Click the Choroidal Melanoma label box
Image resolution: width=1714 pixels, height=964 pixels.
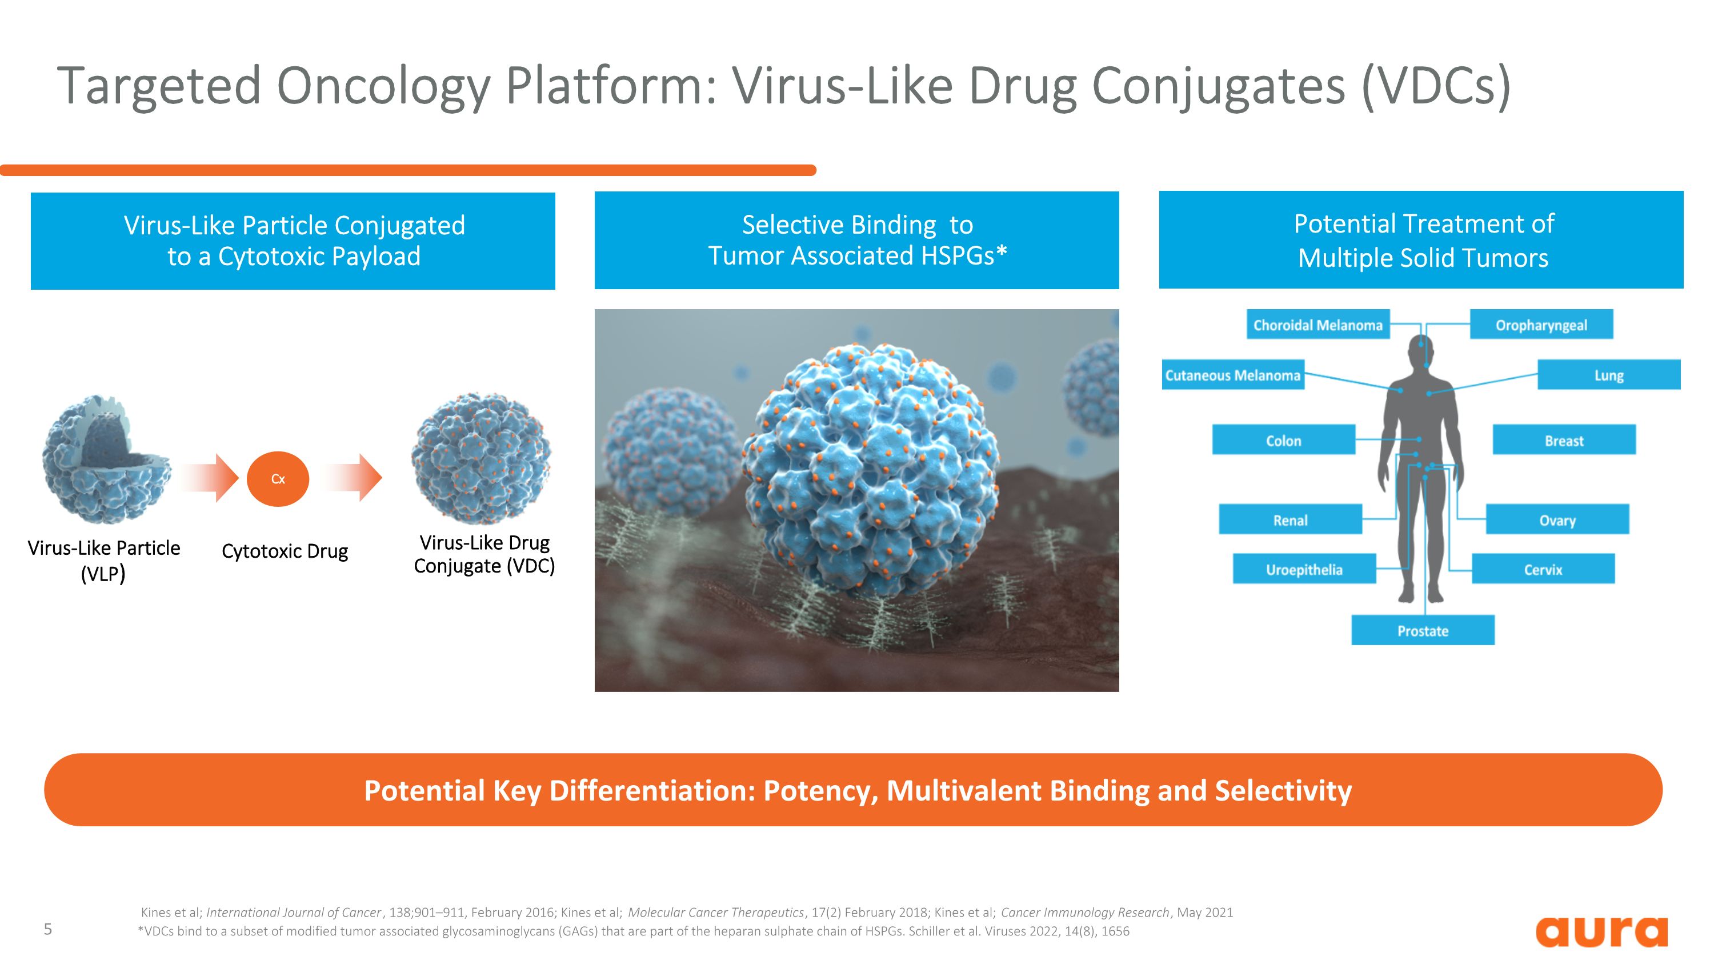pyautogui.click(x=1317, y=325)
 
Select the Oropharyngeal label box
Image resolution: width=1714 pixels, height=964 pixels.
pyautogui.click(x=1540, y=325)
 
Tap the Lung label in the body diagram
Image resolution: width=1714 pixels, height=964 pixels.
pyautogui.click(x=1608, y=375)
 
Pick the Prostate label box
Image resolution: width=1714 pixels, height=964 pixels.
pyautogui.click(x=1422, y=631)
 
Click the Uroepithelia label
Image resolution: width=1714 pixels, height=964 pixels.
pyautogui.click(x=1303, y=570)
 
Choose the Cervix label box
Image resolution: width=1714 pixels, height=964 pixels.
pyautogui.click(x=1543, y=570)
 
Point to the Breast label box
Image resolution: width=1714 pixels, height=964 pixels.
pyautogui.click(x=1563, y=441)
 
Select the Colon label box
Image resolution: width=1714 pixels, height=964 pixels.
pyautogui.click(x=1283, y=441)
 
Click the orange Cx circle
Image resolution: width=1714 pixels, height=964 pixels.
pyautogui.click(x=278, y=479)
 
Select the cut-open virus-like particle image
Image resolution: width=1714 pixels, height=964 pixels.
pyautogui.click(x=105, y=459)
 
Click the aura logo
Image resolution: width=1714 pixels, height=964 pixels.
pyautogui.click(x=1601, y=931)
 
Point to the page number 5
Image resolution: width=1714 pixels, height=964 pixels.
pyautogui.click(x=48, y=929)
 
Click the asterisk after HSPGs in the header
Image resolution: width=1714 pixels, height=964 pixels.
pyautogui.click(x=1002, y=253)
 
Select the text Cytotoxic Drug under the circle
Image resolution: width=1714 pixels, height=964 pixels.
pyautogui.click(x=285, y=551)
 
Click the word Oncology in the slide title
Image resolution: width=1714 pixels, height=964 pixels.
pyautogui.click(x=383, y=86)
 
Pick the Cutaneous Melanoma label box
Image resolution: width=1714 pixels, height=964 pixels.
pyautogui.click(x=1232, y=375)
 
